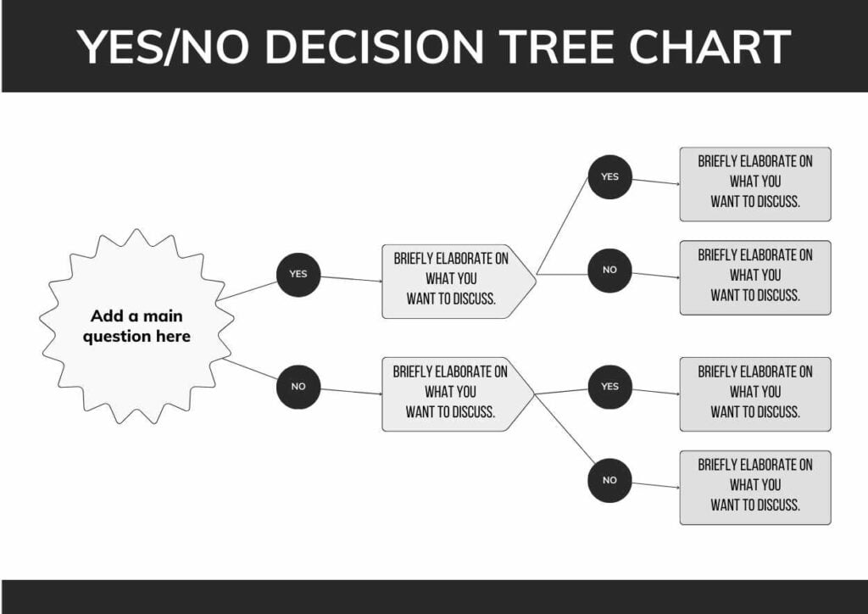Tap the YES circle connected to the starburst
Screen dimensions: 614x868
(x=298, y=274)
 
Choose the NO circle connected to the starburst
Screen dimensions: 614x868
(x=298, y=387)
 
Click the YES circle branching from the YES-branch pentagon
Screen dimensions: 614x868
(x=609, y=177)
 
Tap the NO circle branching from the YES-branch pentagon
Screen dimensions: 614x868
(x=609, y=271)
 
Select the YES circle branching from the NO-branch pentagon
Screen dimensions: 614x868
(x=609, y=387)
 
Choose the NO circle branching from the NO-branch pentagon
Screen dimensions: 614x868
(x=609, y=480)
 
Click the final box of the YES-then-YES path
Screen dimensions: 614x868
(x=754, y=184)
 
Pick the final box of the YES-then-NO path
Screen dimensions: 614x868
(x=754, y=277)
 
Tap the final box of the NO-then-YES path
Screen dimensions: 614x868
(x=754, y=394)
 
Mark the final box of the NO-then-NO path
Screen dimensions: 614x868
(x=754, y=487)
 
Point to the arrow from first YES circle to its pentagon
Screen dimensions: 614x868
(x=351, y=278)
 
